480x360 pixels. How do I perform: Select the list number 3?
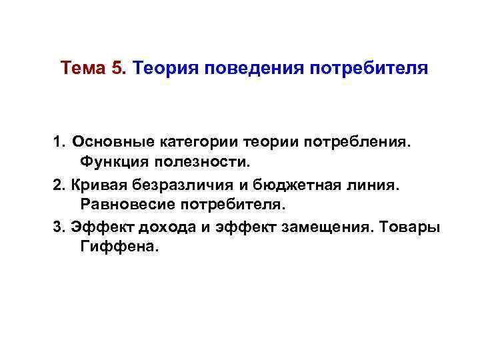pos(57,227)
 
